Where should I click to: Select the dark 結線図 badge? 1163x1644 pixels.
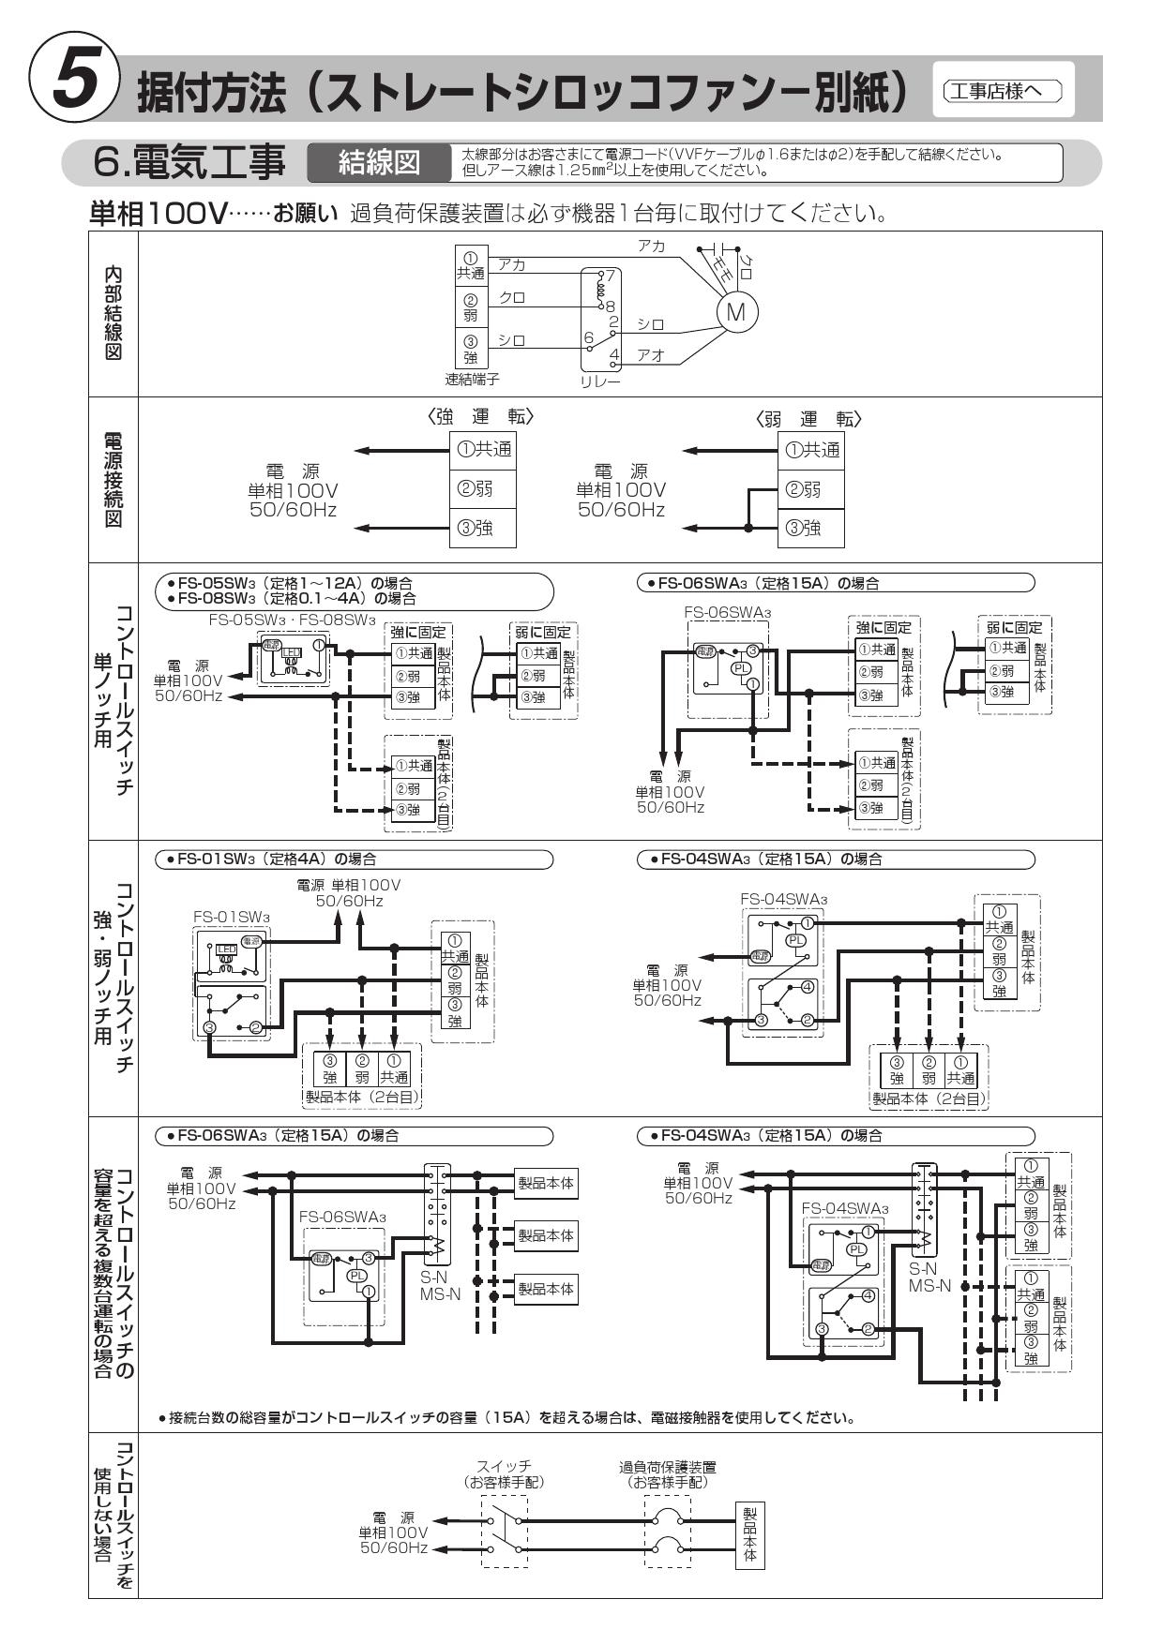(379, 163)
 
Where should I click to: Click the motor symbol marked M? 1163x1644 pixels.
(736, 311)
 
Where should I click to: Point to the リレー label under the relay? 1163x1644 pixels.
(600, 382)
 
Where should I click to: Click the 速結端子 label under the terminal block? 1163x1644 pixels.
(472, 379)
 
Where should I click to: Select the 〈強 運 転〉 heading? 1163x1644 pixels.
(484, 417)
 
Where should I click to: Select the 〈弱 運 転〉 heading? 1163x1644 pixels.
(808, 418)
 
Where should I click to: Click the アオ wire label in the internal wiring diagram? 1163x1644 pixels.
(651, 355)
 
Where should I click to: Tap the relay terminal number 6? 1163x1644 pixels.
(588, 337)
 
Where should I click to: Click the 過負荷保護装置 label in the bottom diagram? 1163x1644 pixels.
(667, 1467)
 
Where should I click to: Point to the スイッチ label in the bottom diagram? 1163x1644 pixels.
(505, 1467)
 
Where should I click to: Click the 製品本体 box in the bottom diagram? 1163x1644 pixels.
(749, 1533)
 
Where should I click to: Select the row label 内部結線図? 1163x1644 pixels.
(113, 313)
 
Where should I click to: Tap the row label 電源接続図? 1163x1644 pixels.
(113, 479)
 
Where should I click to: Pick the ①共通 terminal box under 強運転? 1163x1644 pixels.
(484, 450)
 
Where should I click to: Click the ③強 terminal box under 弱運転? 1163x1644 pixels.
(811, 529)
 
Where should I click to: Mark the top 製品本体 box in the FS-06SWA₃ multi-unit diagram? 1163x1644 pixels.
(546, 1184)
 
